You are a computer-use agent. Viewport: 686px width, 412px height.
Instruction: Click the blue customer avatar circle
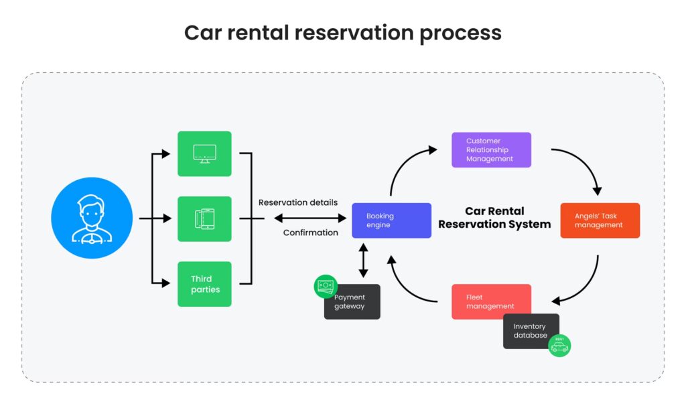pos(91,218)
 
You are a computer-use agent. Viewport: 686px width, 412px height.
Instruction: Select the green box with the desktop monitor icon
pos(204,153)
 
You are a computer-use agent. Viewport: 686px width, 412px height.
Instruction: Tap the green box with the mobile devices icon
pos(204,218)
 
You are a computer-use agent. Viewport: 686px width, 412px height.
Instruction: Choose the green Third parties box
pos(204,284)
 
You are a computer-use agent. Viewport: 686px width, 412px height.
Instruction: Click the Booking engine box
pos(391,220)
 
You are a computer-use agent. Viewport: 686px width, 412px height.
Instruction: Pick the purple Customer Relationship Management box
pos(491,150)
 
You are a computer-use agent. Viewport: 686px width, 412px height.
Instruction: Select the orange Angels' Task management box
pos(600,220)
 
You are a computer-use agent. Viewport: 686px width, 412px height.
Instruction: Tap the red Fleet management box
pos(491,301)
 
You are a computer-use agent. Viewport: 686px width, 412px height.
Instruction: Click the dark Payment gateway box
pos(353,302)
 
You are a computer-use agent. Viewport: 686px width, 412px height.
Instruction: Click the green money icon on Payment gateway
pos(326,286)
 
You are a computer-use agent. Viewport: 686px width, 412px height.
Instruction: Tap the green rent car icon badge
pos(559,345)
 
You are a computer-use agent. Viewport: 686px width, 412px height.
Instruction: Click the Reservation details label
pos(298,202)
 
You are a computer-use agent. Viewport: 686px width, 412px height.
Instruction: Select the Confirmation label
pos(310,232)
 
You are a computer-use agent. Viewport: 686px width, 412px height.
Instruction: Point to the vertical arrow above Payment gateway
pos(363,261)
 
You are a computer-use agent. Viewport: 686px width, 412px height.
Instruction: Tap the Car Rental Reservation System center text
pos(494,218)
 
